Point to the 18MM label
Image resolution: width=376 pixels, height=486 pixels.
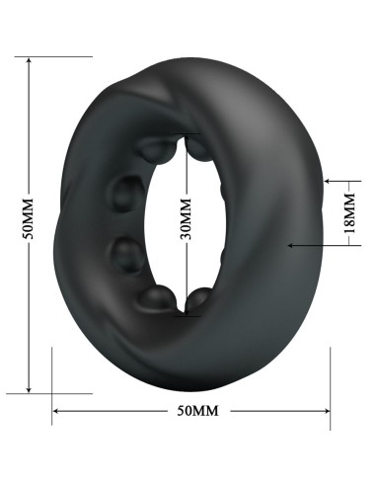pos(346,213)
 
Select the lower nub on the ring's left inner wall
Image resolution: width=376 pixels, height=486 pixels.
pos(125,256)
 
